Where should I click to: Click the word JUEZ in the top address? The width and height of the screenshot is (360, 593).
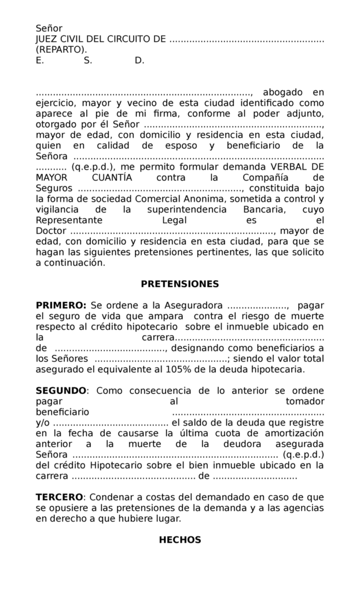tap(47, 39)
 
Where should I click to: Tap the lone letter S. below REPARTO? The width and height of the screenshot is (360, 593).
tap(87, 60)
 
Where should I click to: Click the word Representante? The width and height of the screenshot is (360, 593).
tap(69, 220)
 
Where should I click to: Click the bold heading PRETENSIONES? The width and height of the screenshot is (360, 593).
tap(180, 284)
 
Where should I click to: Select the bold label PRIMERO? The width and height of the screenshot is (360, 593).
tap(61, 305)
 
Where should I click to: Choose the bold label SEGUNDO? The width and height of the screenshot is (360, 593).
tap(61, 390)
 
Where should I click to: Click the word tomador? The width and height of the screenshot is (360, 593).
tap(305, 401)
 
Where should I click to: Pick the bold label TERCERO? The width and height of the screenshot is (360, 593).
tap(60, 497)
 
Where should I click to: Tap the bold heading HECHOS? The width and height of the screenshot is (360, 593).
tap(180, 540)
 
